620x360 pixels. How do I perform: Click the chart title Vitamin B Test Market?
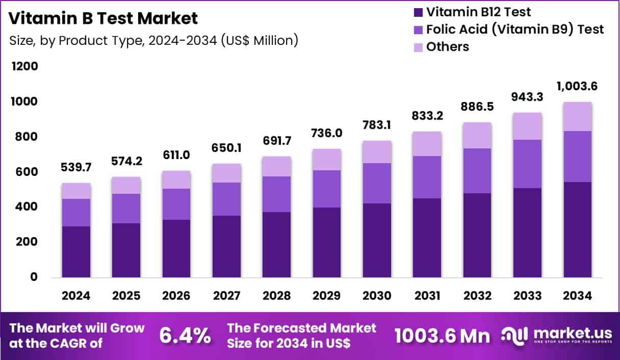click(103, 19)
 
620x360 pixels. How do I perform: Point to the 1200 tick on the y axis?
click(24, 67)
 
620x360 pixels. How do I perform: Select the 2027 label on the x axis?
click(226, 296)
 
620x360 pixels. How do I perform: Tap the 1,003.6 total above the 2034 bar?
click(577, 86)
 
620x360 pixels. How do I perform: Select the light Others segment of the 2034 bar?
click(577, 116)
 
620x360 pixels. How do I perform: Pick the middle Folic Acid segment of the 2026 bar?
click(176, 204)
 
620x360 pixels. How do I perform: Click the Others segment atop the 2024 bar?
click(76, 191)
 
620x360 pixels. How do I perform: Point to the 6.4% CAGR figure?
click(185, 336)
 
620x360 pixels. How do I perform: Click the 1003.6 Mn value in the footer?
click(442, 336)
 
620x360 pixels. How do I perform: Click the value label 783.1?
click(377, 125)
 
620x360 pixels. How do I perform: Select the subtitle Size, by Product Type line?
click(153, 40)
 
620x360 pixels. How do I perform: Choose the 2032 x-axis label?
click(477, 296)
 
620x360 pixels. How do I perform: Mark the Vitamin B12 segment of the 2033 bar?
click(527, 233)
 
